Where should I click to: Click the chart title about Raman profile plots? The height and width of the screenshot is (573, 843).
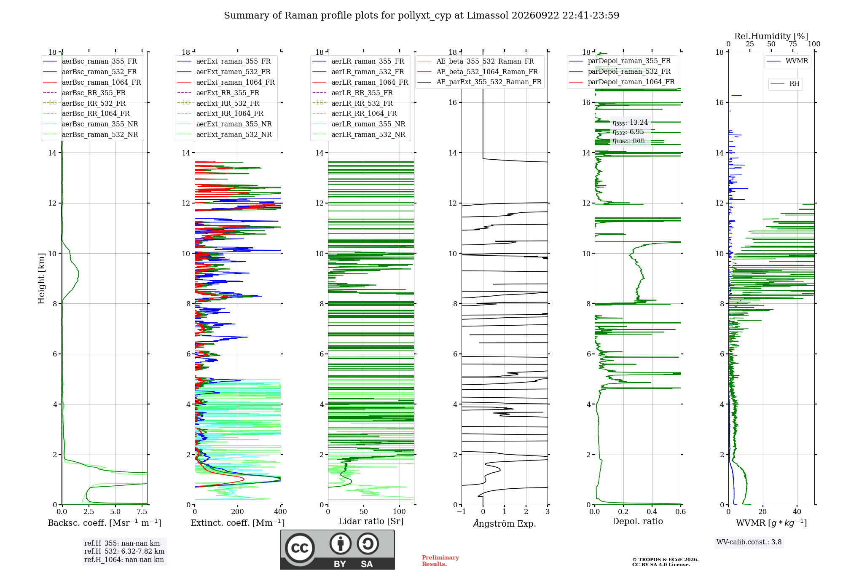point(421,16)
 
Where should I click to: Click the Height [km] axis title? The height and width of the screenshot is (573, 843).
point(41,278)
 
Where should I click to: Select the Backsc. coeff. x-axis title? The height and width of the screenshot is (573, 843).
point(105,523)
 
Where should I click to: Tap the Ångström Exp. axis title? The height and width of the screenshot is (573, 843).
point(505,523)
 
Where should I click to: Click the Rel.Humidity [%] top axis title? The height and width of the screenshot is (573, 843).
point(771,36)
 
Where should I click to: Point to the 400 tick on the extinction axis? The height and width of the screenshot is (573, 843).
point(281,512)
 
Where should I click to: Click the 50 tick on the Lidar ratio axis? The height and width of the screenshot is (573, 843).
point(364,512)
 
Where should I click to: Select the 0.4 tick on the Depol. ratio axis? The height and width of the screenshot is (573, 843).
point(652,512)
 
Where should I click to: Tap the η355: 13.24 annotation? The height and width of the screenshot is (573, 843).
point(630,123)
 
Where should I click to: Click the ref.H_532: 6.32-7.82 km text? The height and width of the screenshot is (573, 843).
point(124,552)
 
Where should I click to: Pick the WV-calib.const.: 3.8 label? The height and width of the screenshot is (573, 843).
point(749,542)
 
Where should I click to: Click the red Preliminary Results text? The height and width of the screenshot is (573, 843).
point(440,561)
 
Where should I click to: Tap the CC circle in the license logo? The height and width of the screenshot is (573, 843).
point(300,548)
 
